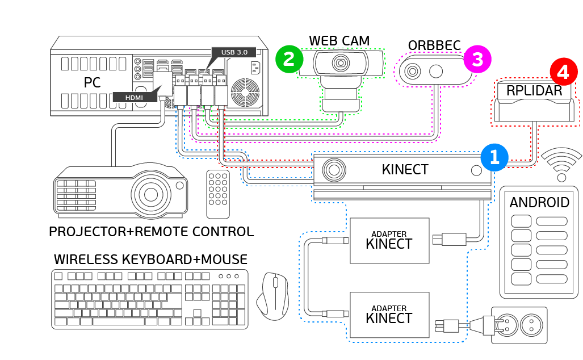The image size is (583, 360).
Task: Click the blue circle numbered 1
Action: pos(494,157)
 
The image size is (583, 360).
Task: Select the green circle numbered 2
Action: pos(290,59)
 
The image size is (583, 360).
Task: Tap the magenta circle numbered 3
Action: pos(477,60)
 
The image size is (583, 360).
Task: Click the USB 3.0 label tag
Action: pos(234,52)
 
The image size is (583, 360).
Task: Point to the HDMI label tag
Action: pos(135,98)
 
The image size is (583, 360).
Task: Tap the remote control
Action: pos(218,194)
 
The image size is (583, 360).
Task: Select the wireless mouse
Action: pos(272,295)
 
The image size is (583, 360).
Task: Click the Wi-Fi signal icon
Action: pos(561,165)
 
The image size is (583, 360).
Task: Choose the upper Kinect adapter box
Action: pos(389,240)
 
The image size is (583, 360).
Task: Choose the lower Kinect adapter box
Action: pos(389,315)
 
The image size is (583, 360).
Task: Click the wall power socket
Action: pos(519,325)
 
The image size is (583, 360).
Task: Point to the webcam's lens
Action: pos(341,62)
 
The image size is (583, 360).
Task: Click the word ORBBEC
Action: pos(434,45)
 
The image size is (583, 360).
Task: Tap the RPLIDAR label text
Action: pos(534,91)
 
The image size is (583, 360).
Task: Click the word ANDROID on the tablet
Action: pos(539,203)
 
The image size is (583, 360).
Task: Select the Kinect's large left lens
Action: pos(334,169)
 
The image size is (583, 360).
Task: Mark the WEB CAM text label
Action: pos(339,41)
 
